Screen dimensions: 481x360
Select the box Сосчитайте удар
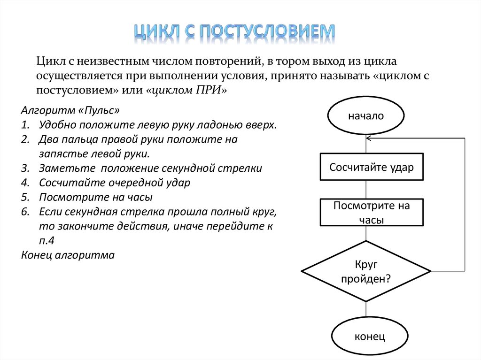371,168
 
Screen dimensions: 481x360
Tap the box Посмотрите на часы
371,213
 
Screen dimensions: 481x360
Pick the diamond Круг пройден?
366,271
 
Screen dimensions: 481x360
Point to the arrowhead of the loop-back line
369,138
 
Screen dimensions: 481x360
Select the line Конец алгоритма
68,255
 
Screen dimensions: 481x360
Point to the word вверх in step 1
261,125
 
